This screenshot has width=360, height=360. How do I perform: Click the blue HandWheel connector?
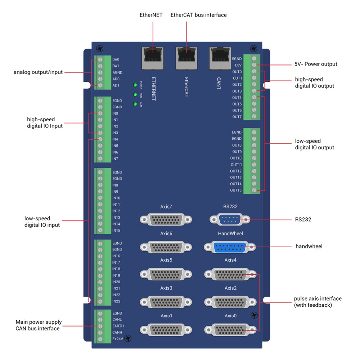[230, 247]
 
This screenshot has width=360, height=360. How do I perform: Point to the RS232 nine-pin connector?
[230, 219]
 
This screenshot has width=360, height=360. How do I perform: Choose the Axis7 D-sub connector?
[166, 219]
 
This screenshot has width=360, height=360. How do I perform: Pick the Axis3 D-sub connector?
[166, 302]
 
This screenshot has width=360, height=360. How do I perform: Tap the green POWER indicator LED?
[135, 85]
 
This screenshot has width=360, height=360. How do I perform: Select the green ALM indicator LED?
[135, 104]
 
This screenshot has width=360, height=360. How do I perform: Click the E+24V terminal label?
[117, 339]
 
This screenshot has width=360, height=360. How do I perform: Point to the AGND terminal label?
[117, 72]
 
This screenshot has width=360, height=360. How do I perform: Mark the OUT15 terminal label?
[236, 190]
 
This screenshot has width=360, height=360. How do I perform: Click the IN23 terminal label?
[116, 301]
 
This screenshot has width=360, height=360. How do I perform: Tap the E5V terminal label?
[238, 65]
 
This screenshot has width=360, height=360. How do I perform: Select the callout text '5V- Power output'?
[316, 64]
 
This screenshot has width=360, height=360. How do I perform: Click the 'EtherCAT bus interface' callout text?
[198, 15]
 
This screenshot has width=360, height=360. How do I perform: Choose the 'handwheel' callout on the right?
[309, 246]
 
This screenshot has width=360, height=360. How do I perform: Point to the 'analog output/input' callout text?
[38, 72]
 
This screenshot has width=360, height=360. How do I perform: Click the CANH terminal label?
[117, 332]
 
